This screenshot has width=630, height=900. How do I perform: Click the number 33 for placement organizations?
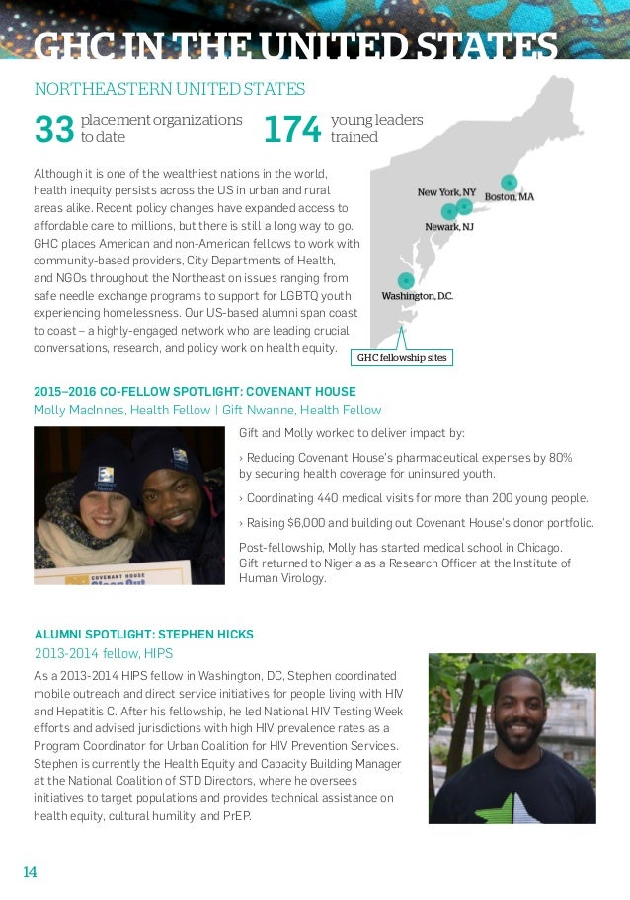(54, 129)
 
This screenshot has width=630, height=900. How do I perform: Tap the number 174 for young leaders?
(293, 129)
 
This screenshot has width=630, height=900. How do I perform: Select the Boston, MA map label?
(510, 197)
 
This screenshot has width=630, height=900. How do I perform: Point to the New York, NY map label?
(446, 192)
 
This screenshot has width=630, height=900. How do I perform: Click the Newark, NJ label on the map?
(449, 227)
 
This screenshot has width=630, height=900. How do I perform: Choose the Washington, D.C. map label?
(417, 296)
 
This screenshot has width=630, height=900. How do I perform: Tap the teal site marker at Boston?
(509, 182)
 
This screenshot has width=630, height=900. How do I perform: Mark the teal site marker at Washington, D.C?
(405, 281)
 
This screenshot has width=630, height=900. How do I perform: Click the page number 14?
(30, 872)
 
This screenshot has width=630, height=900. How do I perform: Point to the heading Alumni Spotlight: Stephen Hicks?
(144, 634)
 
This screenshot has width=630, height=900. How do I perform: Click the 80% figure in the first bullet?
(559, 458)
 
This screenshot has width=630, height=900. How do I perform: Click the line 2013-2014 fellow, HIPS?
(103, 653)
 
